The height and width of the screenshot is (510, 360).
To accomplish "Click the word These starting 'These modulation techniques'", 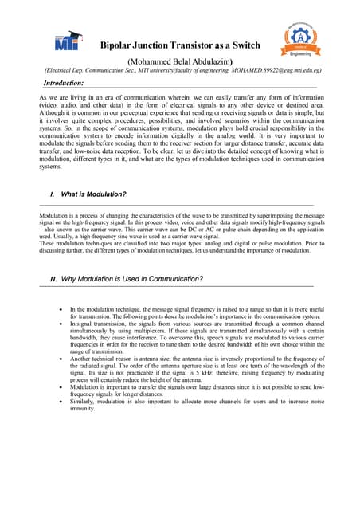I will click(x=48, y=243).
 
